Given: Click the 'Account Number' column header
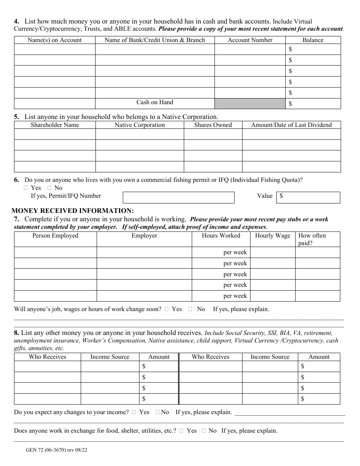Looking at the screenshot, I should [250, 40].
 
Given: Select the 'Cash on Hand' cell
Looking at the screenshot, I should [155, 102].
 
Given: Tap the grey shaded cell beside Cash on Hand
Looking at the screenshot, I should [250, 103].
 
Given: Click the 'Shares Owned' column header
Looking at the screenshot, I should [213, 125].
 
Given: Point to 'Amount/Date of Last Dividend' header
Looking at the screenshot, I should [291, 125].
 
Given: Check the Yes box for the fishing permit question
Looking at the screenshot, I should [26, 188].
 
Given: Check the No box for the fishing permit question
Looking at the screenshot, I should [49, 188].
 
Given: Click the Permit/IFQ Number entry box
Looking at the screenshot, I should [178, 197].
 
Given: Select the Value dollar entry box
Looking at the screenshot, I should [308, 197].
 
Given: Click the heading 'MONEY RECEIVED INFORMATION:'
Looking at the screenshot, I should [73, 211].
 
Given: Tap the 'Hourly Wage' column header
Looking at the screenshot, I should [272, 236].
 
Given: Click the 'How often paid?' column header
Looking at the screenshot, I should [312, 239].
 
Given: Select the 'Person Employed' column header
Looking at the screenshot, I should [55, 236].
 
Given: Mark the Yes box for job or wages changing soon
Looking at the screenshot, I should [167, 309].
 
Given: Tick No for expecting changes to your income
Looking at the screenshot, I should [157, 412].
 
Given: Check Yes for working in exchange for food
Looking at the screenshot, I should [182, 431].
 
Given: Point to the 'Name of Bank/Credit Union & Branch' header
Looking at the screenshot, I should [155, 40].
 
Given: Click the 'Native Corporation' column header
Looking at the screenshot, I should [139, 125].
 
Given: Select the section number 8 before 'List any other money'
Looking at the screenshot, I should [16, 333].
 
